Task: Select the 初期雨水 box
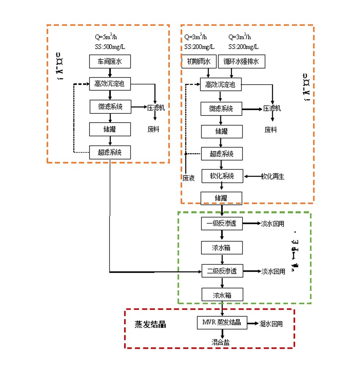[x=198, y=61]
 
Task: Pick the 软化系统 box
[x=222, y=176]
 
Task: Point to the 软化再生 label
[x=273, y=177]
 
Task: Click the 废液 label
[x=188, y=177]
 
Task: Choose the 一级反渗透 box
[x=222, y=224]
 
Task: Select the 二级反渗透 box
[x=222, y=271]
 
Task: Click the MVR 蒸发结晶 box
[x=221, y=323]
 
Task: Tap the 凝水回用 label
[x=271, y=324]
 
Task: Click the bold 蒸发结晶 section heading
[x=150, y=324]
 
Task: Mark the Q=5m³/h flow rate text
[x=106, y=38]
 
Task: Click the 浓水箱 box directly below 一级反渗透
[x=222, y=247]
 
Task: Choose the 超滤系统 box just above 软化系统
[x=221, y=154]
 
